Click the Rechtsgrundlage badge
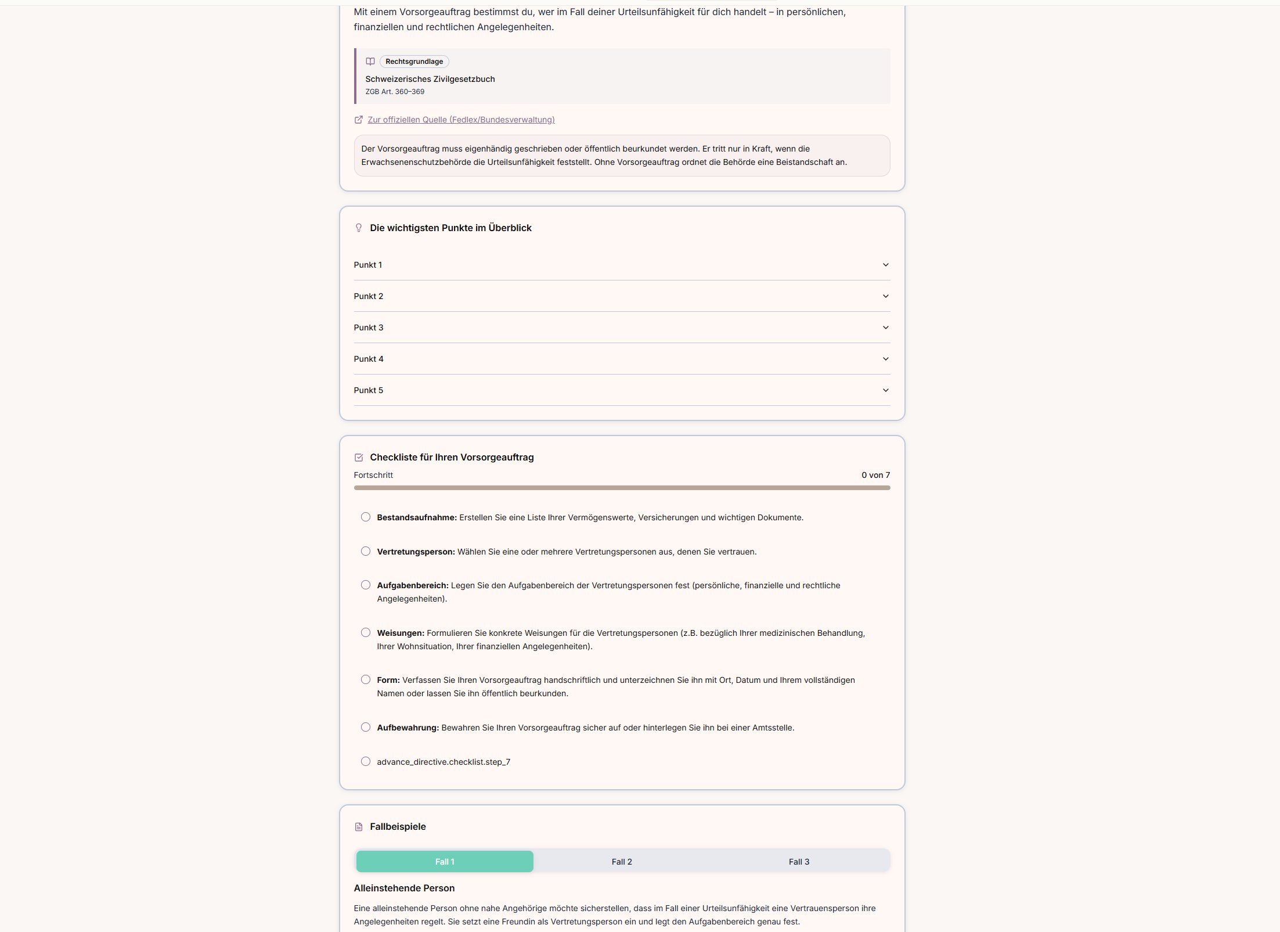point(414,62)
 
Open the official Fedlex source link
point(461,120)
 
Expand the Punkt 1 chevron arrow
point(885,265)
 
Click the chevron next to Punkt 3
point(885,328)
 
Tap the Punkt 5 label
point(369,390)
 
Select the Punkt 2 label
point(369,296)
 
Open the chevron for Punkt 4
point(885,359)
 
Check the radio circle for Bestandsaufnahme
point(366,517)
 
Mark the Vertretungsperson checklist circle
point(366,551)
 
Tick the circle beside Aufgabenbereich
point(366,585)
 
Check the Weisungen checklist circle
point(366,632)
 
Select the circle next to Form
point(366,679)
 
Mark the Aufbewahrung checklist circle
point(366,727)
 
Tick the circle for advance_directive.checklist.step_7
point(366,761)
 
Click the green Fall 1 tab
point(445,862)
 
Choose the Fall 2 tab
point(622,862)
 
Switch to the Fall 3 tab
point(799,862)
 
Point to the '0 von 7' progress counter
point(875,475)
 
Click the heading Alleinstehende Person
point(404,888)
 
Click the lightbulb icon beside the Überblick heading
point(359,228)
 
